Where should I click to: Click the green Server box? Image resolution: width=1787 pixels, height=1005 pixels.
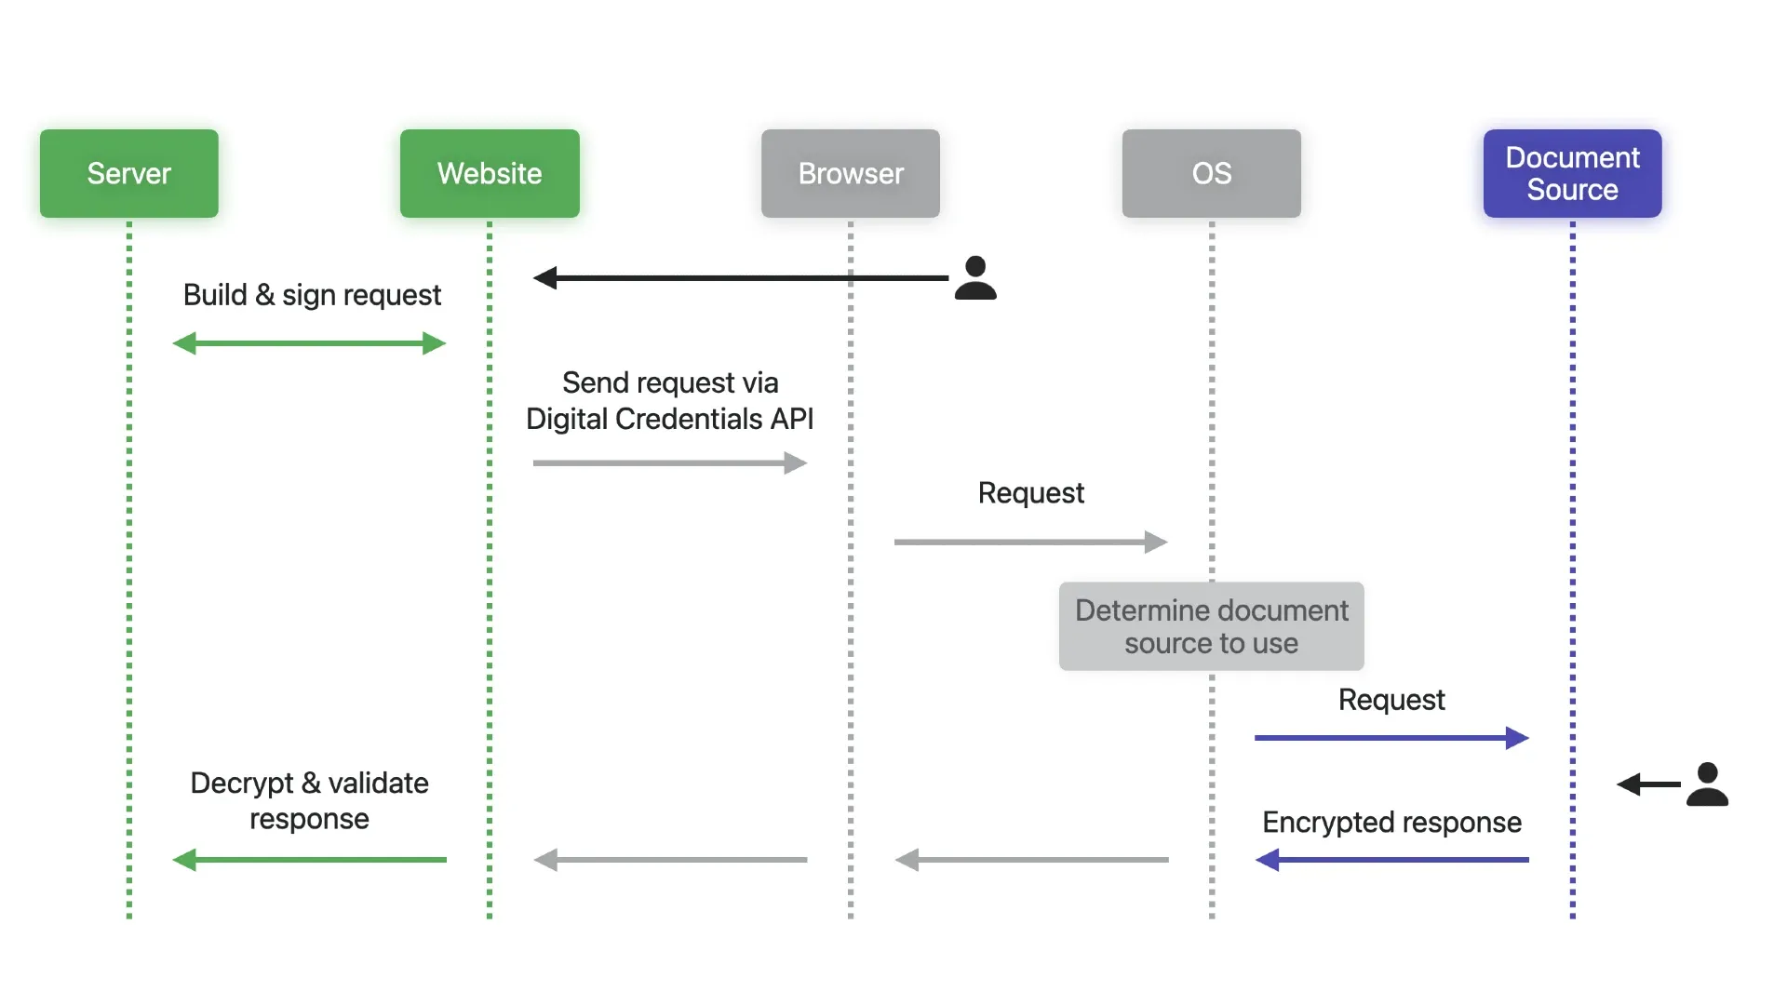pyautogui.click(x=128, y=173)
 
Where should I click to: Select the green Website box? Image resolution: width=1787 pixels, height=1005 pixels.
pyautogui.click(x=490, y=173)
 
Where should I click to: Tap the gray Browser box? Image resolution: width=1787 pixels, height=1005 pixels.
pyautogui.click(x=850, y=173)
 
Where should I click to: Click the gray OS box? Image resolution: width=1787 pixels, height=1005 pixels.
pyautogui.click(x=1211, y=173)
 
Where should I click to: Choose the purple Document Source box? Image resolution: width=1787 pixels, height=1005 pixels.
pyautogui.click(x=1572, y=173)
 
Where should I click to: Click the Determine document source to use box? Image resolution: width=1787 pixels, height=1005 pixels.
pyautogui.click(x=1211, y=626)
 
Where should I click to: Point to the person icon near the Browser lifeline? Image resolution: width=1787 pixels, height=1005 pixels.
pyautogui.click(x=975, y=278)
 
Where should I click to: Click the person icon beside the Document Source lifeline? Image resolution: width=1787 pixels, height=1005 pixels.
pyautogui.click(x=1707, y=784)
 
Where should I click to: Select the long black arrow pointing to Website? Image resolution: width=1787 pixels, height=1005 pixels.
pyautogui.click(x=740, y=277)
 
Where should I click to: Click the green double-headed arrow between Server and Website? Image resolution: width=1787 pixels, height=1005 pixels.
pyautogui.click(x=309, y=343)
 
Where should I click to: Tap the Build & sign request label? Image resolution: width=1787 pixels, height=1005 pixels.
pyautogui.click(x=312, y=295)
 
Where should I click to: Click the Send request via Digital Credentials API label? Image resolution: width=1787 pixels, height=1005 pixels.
pyautogui.click(x=669, y=401)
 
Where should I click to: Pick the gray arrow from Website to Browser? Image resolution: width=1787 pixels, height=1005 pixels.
pyautogui.click(x=669, y=462)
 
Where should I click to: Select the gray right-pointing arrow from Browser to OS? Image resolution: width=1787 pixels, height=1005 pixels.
pyautogui.click(x=1030, y=542)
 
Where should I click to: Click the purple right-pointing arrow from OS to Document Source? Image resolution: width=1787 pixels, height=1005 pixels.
pyautogui.click(x=1391, y=738)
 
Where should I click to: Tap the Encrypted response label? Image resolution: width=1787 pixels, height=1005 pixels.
pyautogui.click(x=1391, y=823)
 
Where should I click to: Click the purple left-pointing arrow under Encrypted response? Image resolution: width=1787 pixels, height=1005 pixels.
pyautogui.click(x=1391, y=860)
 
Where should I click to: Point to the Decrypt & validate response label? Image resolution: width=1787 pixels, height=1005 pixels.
pyautogui.click(x=309, y=800)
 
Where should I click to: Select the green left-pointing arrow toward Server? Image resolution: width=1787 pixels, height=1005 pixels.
pyautogui.click(x=309, y=860)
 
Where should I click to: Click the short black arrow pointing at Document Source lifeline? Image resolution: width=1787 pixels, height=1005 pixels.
pyautogui.click(x=1648, y=784)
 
